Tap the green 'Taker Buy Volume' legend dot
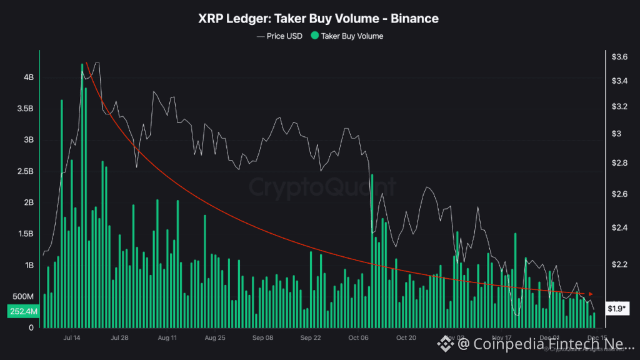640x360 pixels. pyautogui.click(x=314, y=36)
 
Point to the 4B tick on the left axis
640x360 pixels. pyautogui.click(x=29, y=77)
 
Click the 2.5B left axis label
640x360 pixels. pyautogui.click(x=26, y=171)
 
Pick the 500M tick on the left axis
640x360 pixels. pyautogui.click(x=24, y=296)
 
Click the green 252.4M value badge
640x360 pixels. pyautogui.click(x=23, y=311)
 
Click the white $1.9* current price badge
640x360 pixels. pyautogui.click(x=617, y=309)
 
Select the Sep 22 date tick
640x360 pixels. pyautogui.click(x=310, y=338)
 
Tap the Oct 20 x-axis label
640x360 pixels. pyautogui.click(x=406, y=338)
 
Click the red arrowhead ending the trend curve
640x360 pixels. pyautogui.click(x=591, y=294)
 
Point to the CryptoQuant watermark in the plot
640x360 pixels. pyautogui.click(x=322, y=186)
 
